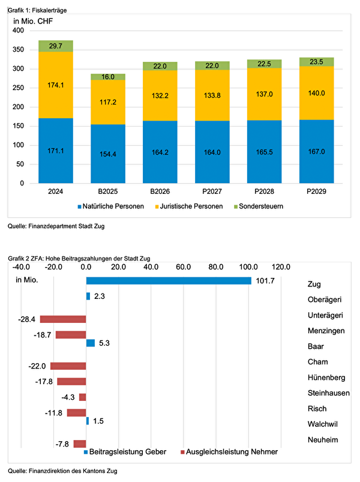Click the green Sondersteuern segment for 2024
click(55, 46)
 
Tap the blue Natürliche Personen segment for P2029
click(316, 151)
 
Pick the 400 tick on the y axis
click(18, 31)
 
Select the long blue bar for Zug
click(169, 281)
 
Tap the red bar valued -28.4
click(63, 319)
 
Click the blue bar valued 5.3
click(91, 343)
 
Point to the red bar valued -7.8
click(80, 444)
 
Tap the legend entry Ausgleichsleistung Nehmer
click(229, 451)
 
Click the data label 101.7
click(265, 281)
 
